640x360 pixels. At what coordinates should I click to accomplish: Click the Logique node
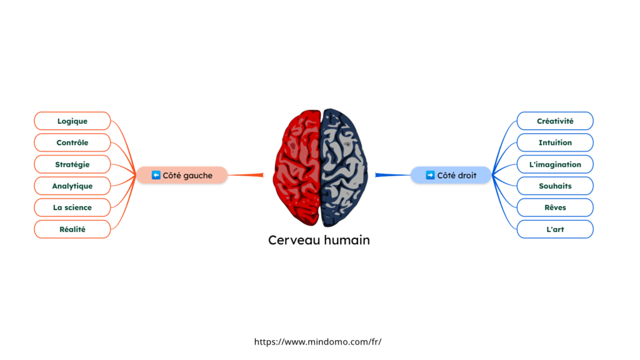point(72,121)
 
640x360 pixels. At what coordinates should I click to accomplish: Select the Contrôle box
point(72,142)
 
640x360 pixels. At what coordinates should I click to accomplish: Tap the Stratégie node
point(72,164)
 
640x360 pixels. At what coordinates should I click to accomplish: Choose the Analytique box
point(72,186)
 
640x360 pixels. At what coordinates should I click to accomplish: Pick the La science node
point(72,207)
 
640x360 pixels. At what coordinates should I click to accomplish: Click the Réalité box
point(72,229)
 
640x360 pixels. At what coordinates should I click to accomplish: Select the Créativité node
point(555,121)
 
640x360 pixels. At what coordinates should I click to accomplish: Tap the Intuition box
point(555,142)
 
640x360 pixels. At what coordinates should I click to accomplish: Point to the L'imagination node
point(555,164)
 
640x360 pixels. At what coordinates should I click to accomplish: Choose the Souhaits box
point(555,186)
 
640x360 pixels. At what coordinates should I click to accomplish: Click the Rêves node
point(555,207)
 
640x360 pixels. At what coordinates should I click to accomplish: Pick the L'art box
point(555,229)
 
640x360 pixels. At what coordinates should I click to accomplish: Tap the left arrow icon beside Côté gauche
point(156,176)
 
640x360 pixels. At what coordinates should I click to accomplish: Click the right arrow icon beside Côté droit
point(430,176)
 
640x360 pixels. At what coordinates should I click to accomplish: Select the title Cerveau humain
point(319,240)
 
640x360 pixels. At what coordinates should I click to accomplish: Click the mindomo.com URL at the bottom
point(317,342)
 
